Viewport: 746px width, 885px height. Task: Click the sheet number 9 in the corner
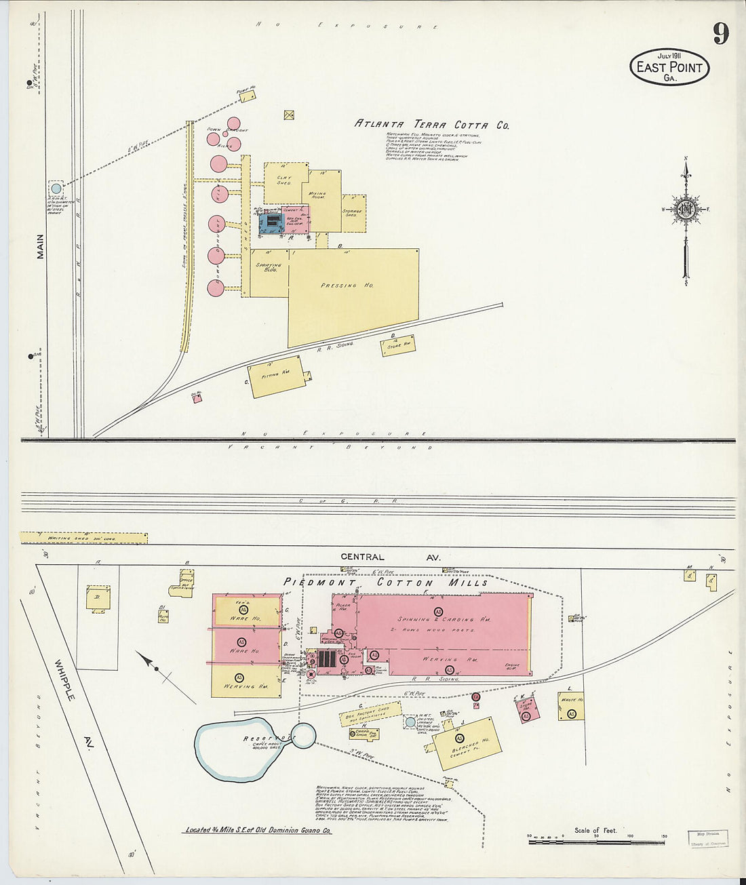coord(720,34)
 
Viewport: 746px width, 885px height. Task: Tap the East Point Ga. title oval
coord(670,67)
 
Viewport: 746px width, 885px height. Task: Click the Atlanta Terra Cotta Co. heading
coord(431,125)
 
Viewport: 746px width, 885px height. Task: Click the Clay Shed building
coord(283,181)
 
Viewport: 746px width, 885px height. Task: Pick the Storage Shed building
coord(353,213)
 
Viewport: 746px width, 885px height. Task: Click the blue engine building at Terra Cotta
coord(271,222)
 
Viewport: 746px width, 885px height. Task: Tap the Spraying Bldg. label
coord(268,267)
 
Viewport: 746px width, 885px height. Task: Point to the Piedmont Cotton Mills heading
coord(385,583)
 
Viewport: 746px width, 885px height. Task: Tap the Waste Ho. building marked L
coord(571,706)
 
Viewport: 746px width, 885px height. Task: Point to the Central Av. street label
coord(390,557)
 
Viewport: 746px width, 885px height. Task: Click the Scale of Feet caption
coord(595,830)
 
